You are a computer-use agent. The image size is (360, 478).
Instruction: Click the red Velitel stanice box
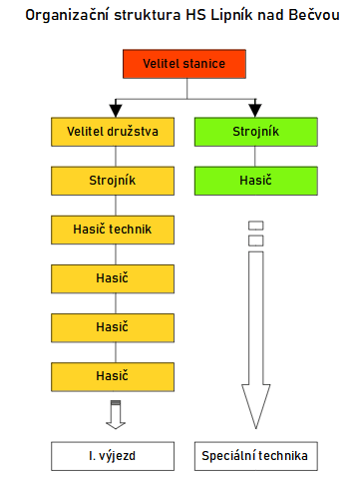(x=182, y=66)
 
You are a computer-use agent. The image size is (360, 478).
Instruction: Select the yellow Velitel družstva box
(x=114, y=132)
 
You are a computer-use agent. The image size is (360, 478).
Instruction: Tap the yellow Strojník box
(x=114, y=181)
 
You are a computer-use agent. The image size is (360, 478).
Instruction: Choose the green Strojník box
(x=255, y=132)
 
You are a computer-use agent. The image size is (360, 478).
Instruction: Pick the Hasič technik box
(x=114, y=230)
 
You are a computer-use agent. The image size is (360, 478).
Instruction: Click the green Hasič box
(x=255, y=181)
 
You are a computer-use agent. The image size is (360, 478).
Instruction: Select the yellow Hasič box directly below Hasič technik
(x=114, y=278)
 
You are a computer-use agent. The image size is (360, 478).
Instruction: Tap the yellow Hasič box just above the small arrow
(x=114, y=376)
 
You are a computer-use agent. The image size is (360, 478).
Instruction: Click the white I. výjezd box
(x=114, y=456)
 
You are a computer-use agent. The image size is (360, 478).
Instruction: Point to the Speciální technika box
(x=255, y=456)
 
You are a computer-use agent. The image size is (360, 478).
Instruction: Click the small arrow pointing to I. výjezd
(x=114, y=415)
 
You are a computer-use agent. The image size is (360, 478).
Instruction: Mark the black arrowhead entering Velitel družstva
(x=114, y=110)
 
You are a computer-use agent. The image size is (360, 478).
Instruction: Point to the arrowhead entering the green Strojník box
(x=255, y=110)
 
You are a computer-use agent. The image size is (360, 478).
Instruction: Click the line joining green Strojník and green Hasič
(x=255, y=157)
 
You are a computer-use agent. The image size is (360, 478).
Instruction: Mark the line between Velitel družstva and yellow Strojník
(x=114, y=157)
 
